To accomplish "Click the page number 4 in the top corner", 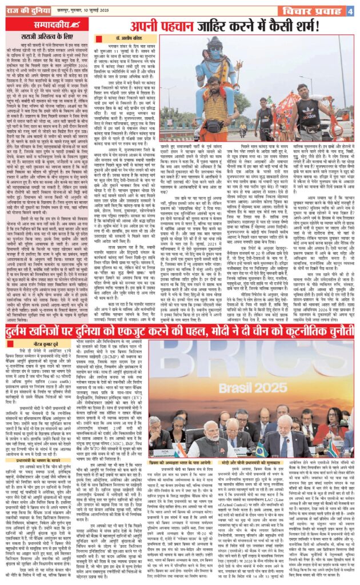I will click(x=349, y=11).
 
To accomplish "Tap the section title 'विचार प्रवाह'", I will click(x=314, y=11).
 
